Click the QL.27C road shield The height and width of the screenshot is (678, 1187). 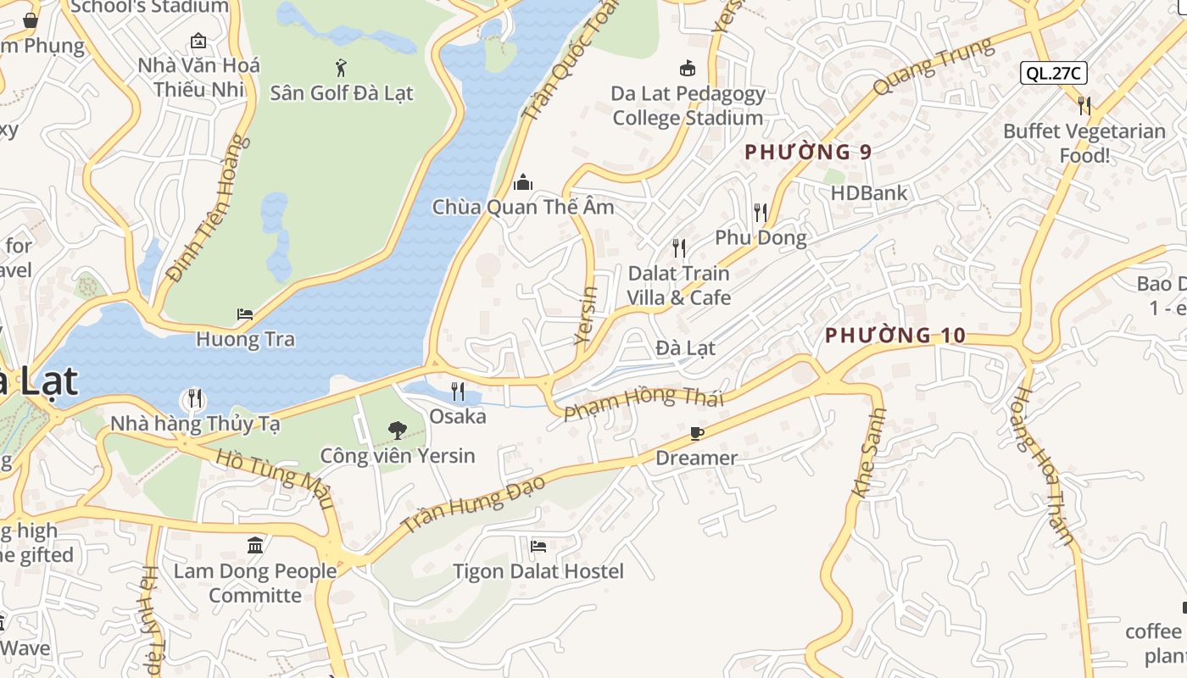1053,73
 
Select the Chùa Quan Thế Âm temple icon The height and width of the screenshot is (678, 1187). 523,182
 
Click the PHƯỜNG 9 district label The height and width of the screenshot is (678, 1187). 807,153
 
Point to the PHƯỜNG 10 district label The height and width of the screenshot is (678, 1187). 895,336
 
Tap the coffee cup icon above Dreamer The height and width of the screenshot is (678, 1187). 697,434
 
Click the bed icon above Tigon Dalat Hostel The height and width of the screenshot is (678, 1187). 538,547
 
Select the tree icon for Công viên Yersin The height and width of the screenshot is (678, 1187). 397,431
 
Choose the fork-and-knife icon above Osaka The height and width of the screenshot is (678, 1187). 458,391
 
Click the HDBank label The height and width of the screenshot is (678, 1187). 868,193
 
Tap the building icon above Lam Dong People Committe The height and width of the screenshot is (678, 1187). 255,545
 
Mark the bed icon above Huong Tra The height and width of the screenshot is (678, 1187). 245,314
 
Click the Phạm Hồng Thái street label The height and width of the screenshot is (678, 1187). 644,401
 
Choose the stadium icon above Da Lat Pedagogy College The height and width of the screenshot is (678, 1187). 688,68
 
